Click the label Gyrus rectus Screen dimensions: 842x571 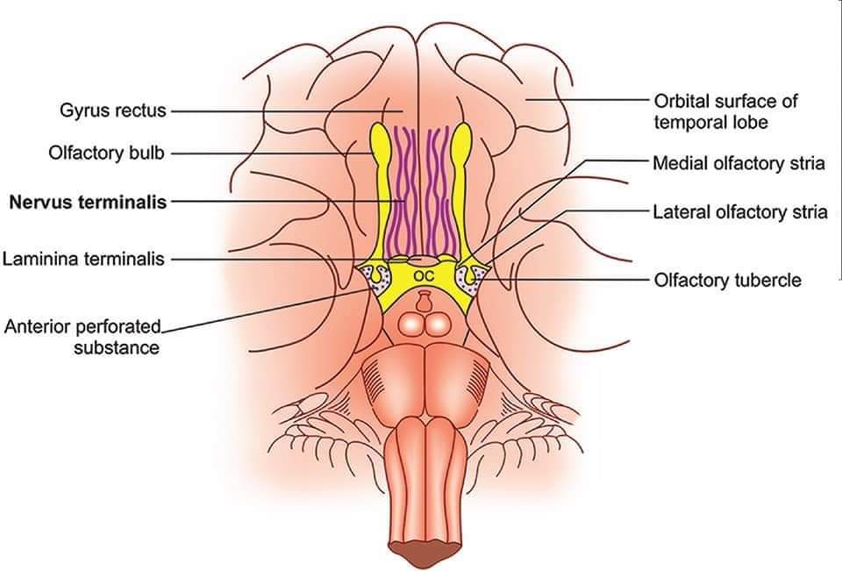point(112,111)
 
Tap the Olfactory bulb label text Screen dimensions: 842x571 point(107,153)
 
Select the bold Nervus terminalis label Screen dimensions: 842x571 point(88,202)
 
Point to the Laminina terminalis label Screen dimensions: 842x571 point(84,260)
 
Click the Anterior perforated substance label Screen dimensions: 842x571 point(84,337)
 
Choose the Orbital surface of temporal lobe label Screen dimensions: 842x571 point(726,111)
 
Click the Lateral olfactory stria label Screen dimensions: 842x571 point(739,211)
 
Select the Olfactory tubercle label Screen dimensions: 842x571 point(727,280)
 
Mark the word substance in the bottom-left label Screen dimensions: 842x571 point(117,347)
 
